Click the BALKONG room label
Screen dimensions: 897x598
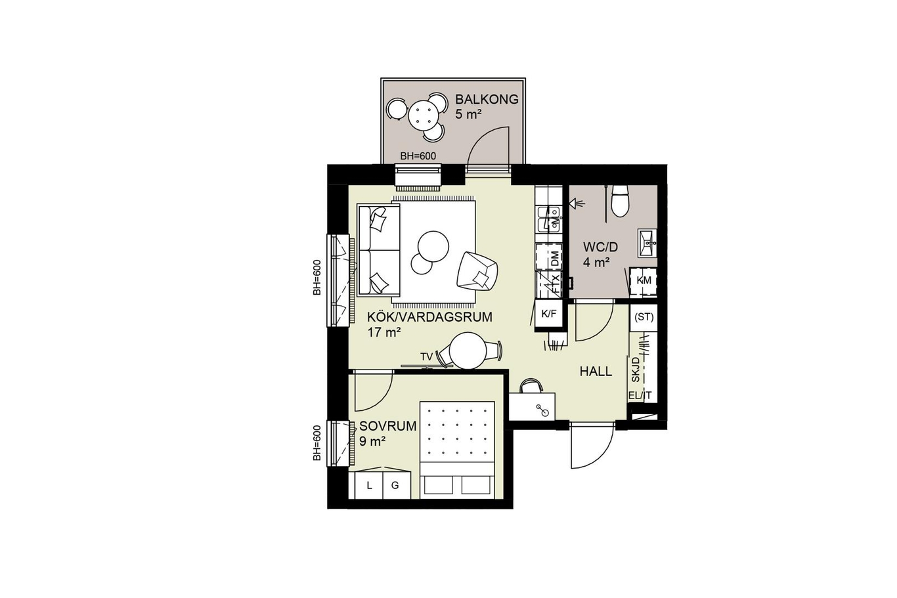pyautogui.click(x=487, y=99)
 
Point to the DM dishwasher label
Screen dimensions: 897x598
pyautogui.click(x=555, y=258)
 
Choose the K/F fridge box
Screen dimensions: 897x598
pyautogui.click(x=549, y=314)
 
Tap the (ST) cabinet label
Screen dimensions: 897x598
pyautogui.click(x=644, y=317)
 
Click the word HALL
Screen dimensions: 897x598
pyautogui.click(x=596, y=372)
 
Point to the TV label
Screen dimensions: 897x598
pyautogui.click(x=426, y=356)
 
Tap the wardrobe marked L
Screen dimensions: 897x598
pyautogui.click(x=369, y=486)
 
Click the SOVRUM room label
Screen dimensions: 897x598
pyautogui.click(x=388, y=426)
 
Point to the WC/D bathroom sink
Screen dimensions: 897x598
pyautogui.click(x=647, y=243)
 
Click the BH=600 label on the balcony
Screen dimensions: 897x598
pyautogui.click(x=418, y=156)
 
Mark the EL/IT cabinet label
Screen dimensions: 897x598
pyautogui.click(x=640, y=396)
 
